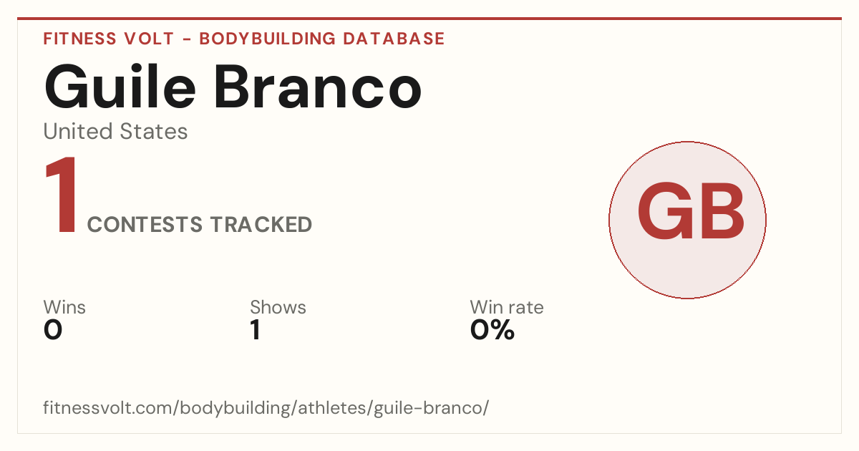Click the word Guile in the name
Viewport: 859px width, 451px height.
point(120,87)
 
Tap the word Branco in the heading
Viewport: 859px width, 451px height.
point(318,87)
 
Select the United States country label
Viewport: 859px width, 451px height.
point(115,131)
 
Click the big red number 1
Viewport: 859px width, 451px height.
point(62,195)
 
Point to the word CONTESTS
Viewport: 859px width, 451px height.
point(145,224)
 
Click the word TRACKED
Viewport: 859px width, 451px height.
point(261,224)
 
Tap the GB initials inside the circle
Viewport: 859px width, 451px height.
point(691,210)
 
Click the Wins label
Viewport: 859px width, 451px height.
point(64,307)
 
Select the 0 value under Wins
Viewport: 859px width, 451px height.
point(53,330)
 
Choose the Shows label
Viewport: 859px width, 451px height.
point(278,307)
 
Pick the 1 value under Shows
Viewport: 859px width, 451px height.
point(256,330)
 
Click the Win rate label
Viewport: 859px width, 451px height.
point(507,307)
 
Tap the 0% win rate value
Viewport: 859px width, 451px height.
point(492,330)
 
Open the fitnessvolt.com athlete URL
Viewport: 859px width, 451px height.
point(266,408)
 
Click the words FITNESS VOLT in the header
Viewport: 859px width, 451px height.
point(109,39)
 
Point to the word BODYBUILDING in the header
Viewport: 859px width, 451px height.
point(267,39)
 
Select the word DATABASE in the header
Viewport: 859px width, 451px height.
point(394,39)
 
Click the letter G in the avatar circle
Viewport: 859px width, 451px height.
point(665,210)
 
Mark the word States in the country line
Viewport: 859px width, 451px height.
point(154,131)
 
